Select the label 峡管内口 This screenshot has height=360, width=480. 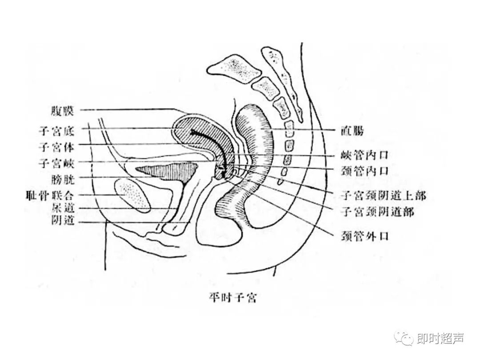pyautogui.click(x=364, y=155)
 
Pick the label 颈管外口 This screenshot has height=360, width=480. pyautogui.click(x=364, y=236)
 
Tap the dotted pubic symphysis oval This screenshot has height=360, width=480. pyautogui.click(x=132, y=194)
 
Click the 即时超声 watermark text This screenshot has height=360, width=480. pyautogui.click(x=441, y=339)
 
